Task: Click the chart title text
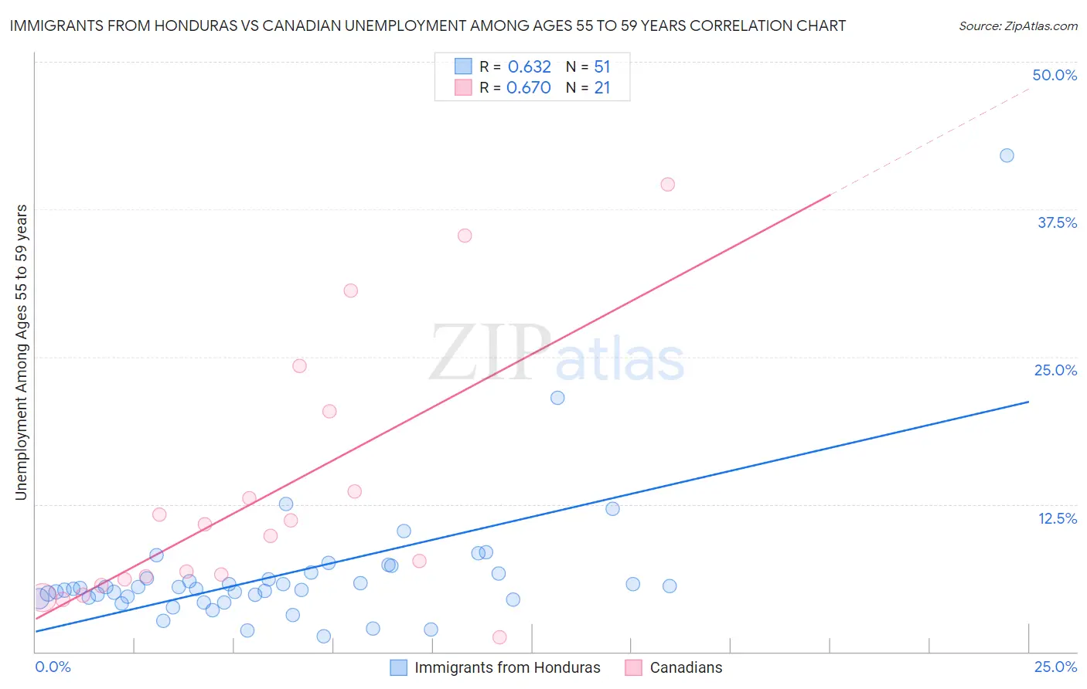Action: (x=428, y=25)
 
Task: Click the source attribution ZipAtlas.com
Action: (x=1017, y=25)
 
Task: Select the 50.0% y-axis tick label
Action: (x=1055, y=75)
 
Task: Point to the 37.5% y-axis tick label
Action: (x=1057, y=222)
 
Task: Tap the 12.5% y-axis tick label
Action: (x=1057, y=518)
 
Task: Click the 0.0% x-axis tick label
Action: (x=53, y=667)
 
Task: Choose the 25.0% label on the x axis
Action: (x=1055, y=667)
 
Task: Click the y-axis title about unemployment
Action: (x=21, y=351)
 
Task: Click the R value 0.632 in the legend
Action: (x=529, y=67)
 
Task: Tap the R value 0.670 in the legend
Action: (x=529, y=88)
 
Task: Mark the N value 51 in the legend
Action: (x=602, y=67)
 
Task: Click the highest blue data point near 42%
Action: (x=1007, y=155)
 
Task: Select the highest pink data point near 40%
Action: (x=667, y=185)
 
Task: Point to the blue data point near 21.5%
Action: (x=557, y=398)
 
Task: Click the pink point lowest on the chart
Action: (x=499, y=637)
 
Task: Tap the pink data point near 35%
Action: (x=465, y=236)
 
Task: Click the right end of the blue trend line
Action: (x=1028, y=402)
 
